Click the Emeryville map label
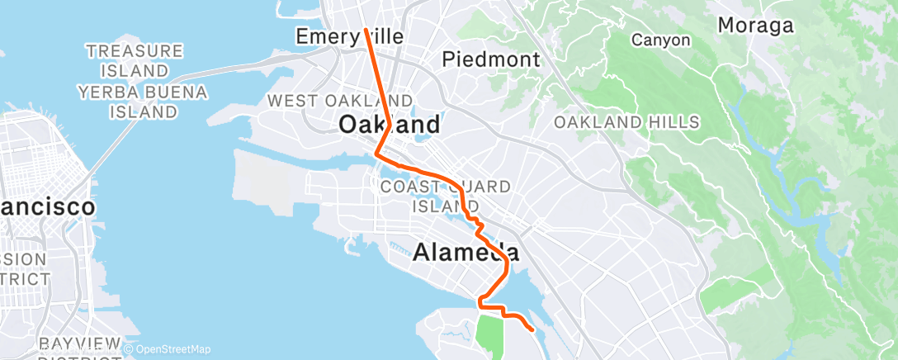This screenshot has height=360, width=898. coord(350,36)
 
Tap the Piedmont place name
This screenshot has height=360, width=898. coord(491,59)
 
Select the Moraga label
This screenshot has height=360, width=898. coord(755,26)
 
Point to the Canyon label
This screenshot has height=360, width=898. coord(660,39)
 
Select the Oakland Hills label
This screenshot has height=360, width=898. coord(626,122)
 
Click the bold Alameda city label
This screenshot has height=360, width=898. coord(466,253)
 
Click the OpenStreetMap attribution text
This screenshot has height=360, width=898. coord(173,349)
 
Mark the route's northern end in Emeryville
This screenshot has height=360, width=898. coord(366,31)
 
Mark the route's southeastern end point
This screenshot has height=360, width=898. coord(532,329)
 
